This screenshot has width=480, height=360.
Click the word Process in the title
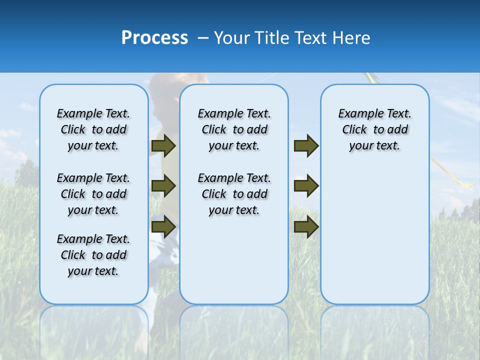(x=154, y=38)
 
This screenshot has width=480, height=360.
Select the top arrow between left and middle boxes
(x=163, y=146)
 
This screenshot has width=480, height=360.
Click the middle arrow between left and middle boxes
(x=163, y=186)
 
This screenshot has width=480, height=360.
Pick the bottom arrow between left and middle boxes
(x=163, y=226)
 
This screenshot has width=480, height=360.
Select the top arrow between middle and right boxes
(x=306, y=146)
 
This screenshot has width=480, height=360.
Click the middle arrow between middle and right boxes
(x=306, y=186)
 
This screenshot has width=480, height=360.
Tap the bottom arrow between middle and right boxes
(x=306, y=226)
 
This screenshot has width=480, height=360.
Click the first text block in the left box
(x=93, y=129)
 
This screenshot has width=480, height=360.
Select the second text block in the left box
(x=93, y=194)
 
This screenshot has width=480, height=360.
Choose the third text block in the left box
(x=93, y=255)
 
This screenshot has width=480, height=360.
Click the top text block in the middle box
(x=234, y=129)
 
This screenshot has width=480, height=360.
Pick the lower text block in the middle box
(x=234, y=194)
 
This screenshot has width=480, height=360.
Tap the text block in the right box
(x=374, y=129)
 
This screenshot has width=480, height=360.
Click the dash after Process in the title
(x=203, y=38)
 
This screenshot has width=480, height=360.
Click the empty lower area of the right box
(x=374, y=240)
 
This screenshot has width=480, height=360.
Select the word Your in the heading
(x=232, y=38)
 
